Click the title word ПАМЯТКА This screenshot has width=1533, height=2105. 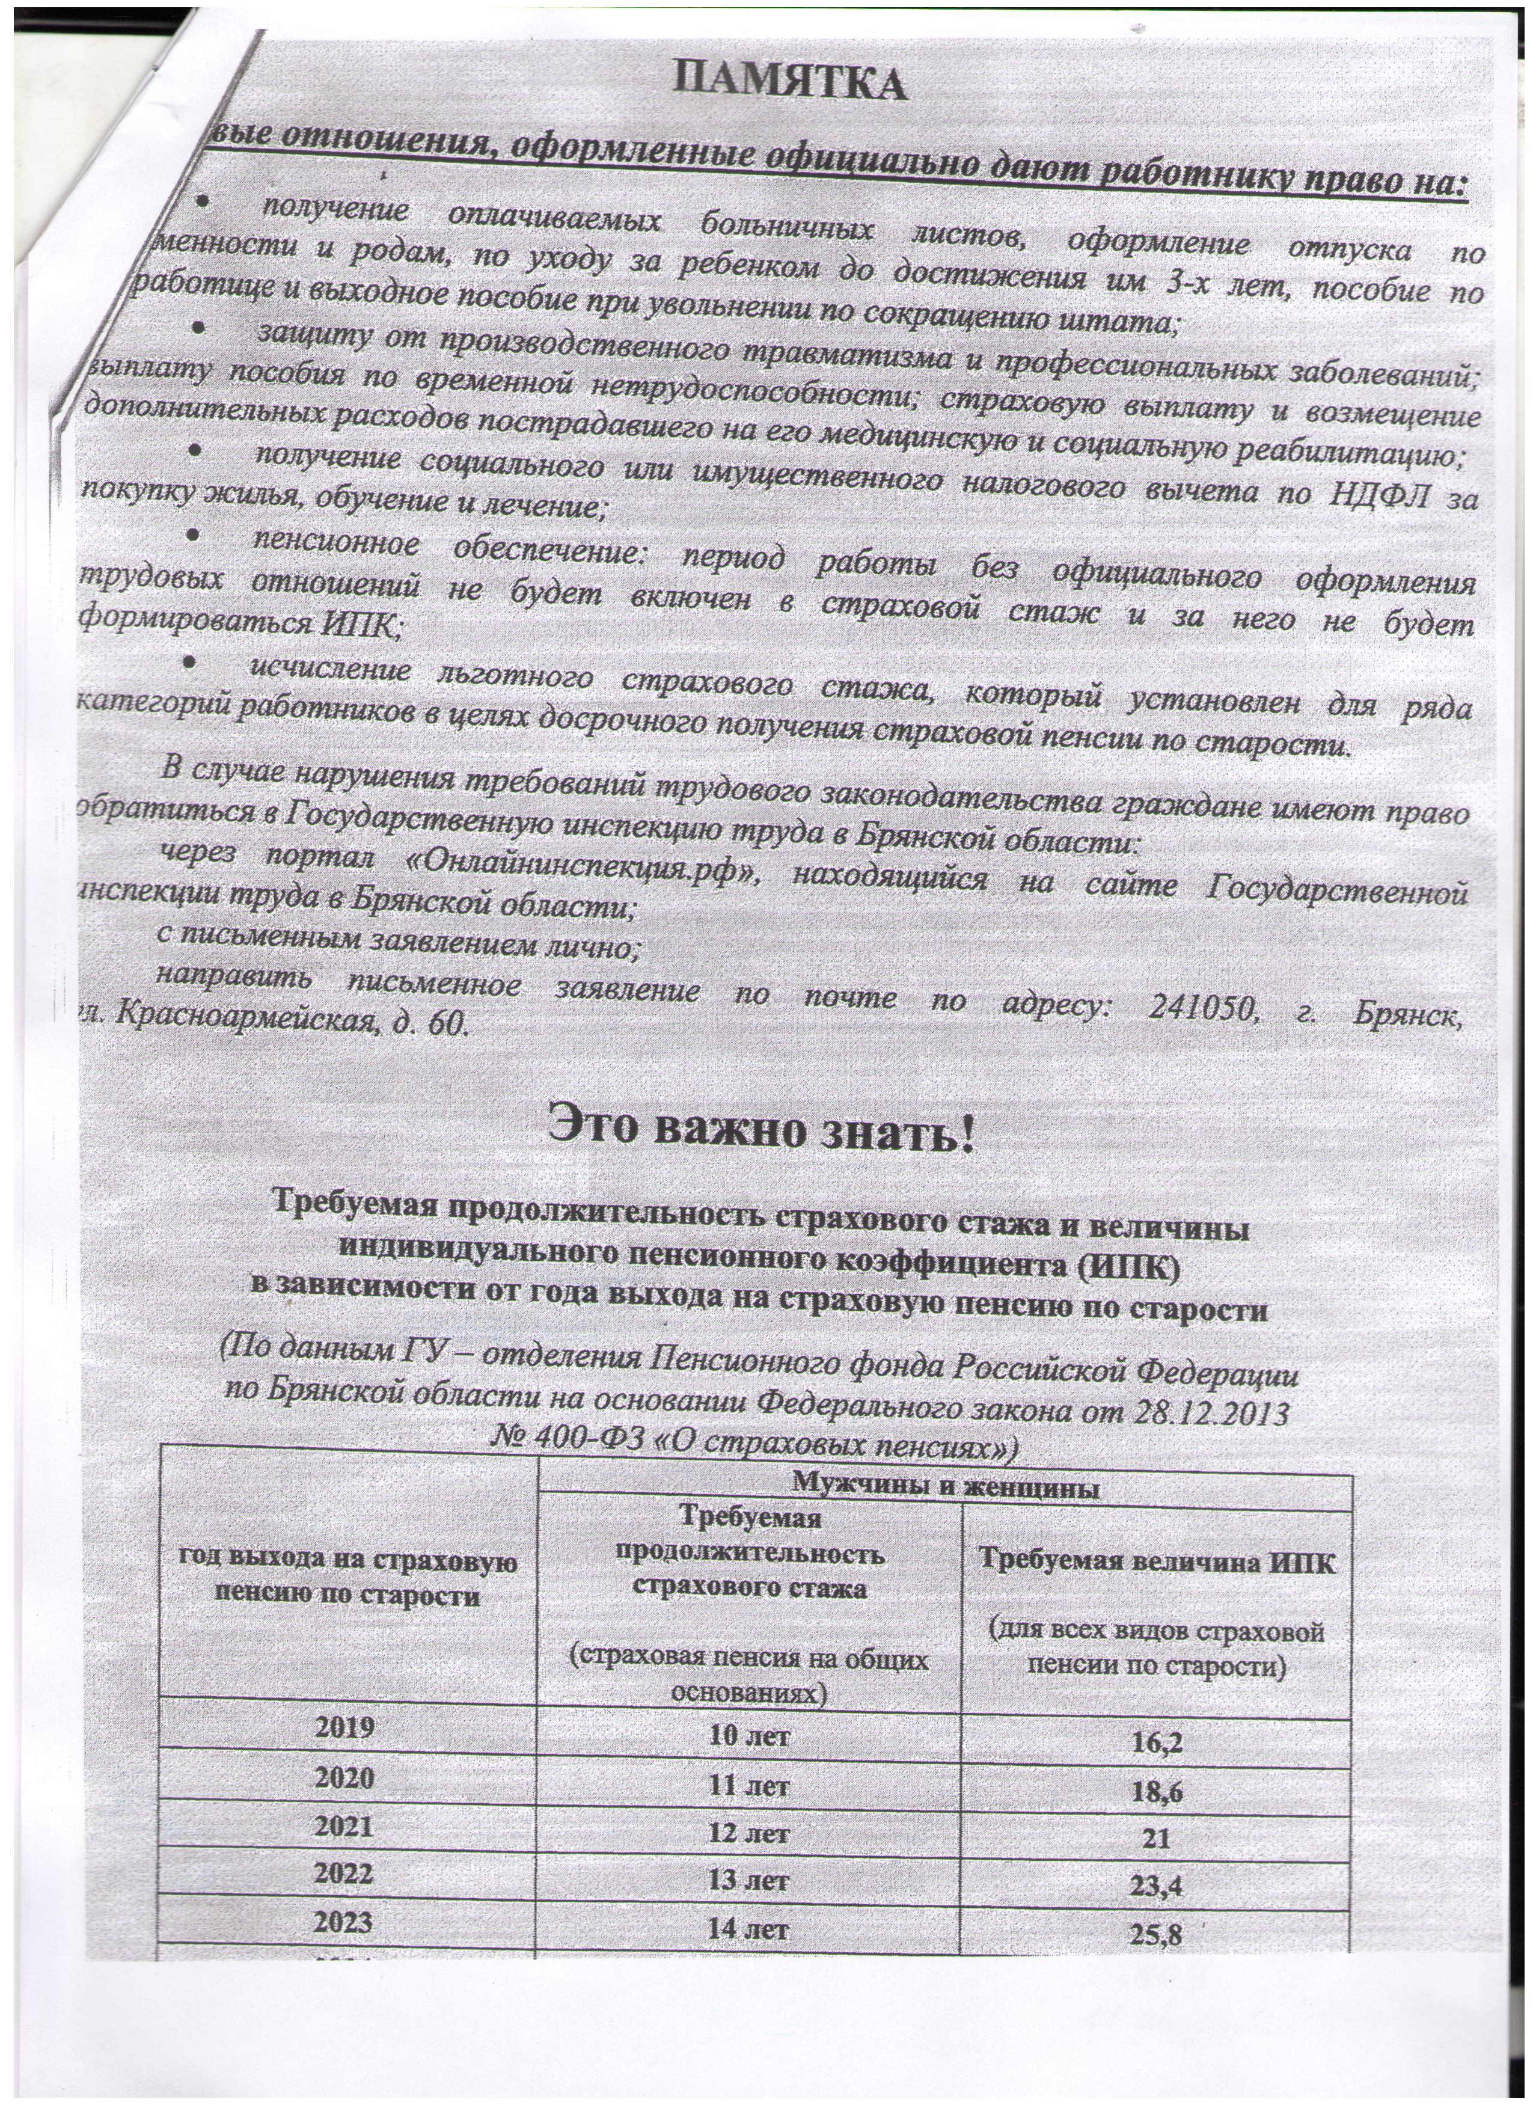pos(790,82)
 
